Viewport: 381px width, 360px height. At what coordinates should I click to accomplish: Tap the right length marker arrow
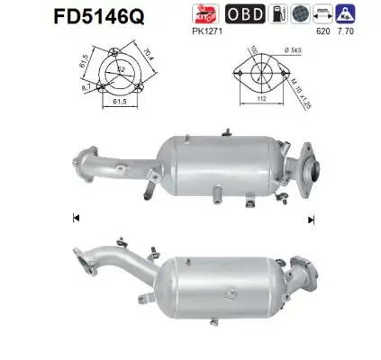[312, 217]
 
